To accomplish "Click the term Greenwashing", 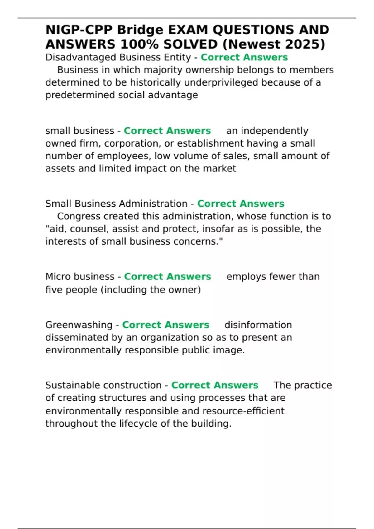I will (79, 325).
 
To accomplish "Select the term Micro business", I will (80, 277).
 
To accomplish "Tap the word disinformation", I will (258, 325).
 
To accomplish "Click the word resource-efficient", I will (243, 411).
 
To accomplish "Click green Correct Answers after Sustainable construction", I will (215, 385).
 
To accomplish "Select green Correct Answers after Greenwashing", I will (165, 325).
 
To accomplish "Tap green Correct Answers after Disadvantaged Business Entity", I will (244, 57).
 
